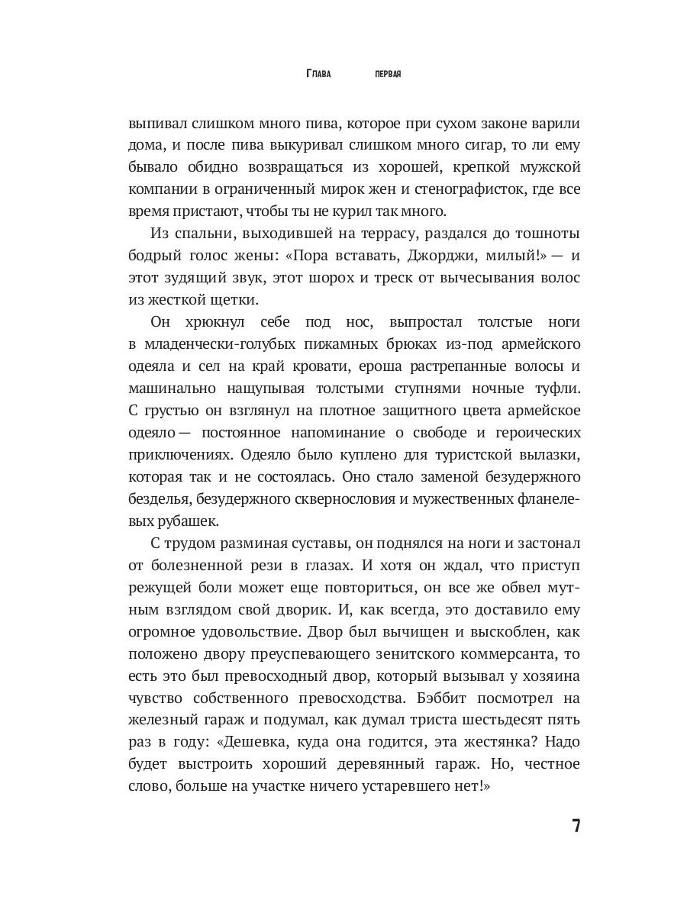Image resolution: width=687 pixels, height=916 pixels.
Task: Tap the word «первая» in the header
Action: pyautogui.click(x=388, y=75)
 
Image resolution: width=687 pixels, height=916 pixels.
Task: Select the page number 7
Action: pyautogui.click(x=576, y=827)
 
